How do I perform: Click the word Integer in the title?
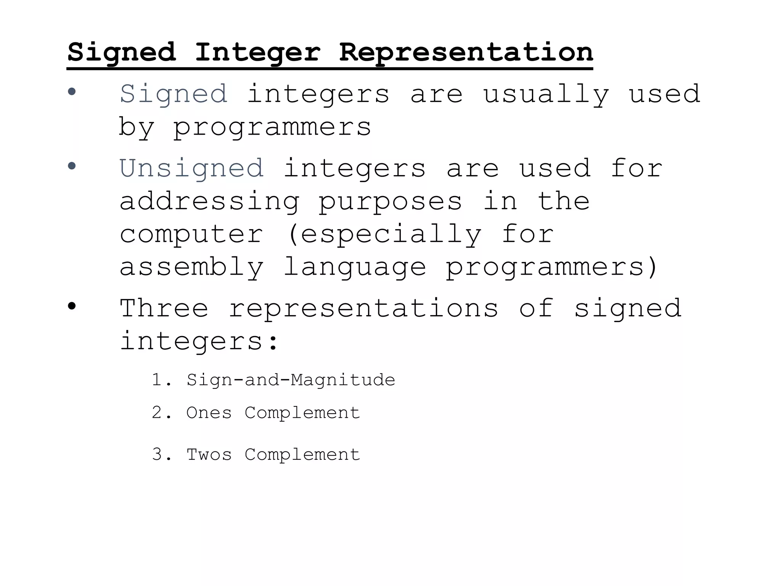258,52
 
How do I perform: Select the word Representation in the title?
466,52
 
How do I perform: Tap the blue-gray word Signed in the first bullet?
174,94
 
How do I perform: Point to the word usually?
546,94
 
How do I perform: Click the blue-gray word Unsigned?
191,169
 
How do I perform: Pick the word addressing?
209,201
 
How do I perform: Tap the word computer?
191,234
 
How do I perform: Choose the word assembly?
191,267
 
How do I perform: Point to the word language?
355,267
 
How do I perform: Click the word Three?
164,308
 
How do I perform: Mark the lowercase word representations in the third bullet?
363,308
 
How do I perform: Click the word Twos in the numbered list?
209,455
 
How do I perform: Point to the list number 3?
157,455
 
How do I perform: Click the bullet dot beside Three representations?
72,306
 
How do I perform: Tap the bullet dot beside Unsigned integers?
72,166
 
